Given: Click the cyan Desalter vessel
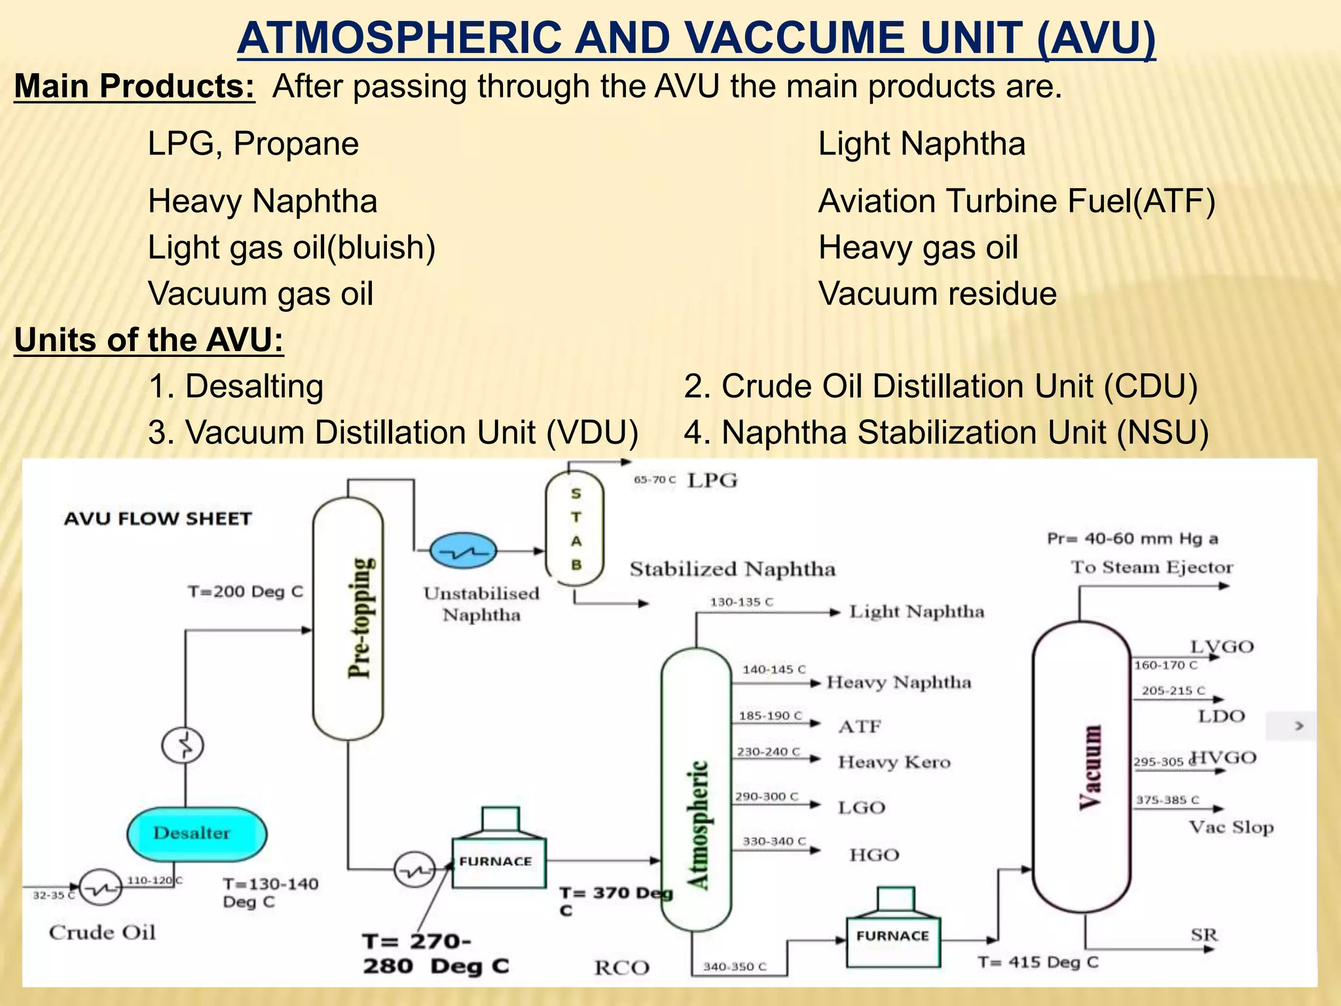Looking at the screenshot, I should click(196, 834).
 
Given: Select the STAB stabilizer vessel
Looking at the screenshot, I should click(575, 528).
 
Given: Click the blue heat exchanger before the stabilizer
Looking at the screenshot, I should click(464, 551).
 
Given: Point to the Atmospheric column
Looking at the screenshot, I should click(696, 789).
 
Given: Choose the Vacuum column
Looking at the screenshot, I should click(1081, 766).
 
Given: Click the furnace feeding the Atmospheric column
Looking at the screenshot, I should click(498, 861).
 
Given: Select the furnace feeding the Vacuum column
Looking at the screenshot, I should click(892, 936).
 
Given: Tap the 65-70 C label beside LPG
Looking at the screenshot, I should click(654, 480).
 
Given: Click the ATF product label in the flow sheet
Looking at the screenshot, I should click(860, 726).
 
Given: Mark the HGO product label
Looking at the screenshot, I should click(874, 855).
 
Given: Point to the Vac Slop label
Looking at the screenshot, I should click(1231, 827).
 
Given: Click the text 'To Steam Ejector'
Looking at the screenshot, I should click(1152, 567).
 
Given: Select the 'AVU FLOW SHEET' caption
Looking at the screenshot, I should click(158, 519).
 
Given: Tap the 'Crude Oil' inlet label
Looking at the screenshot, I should click(102, 932).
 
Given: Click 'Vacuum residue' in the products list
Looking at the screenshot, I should click(937, 293).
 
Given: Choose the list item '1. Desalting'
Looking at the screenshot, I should click(236, 386).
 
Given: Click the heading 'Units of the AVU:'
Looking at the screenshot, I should click(149, 340).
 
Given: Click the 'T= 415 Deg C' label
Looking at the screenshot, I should click(1038, 962).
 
